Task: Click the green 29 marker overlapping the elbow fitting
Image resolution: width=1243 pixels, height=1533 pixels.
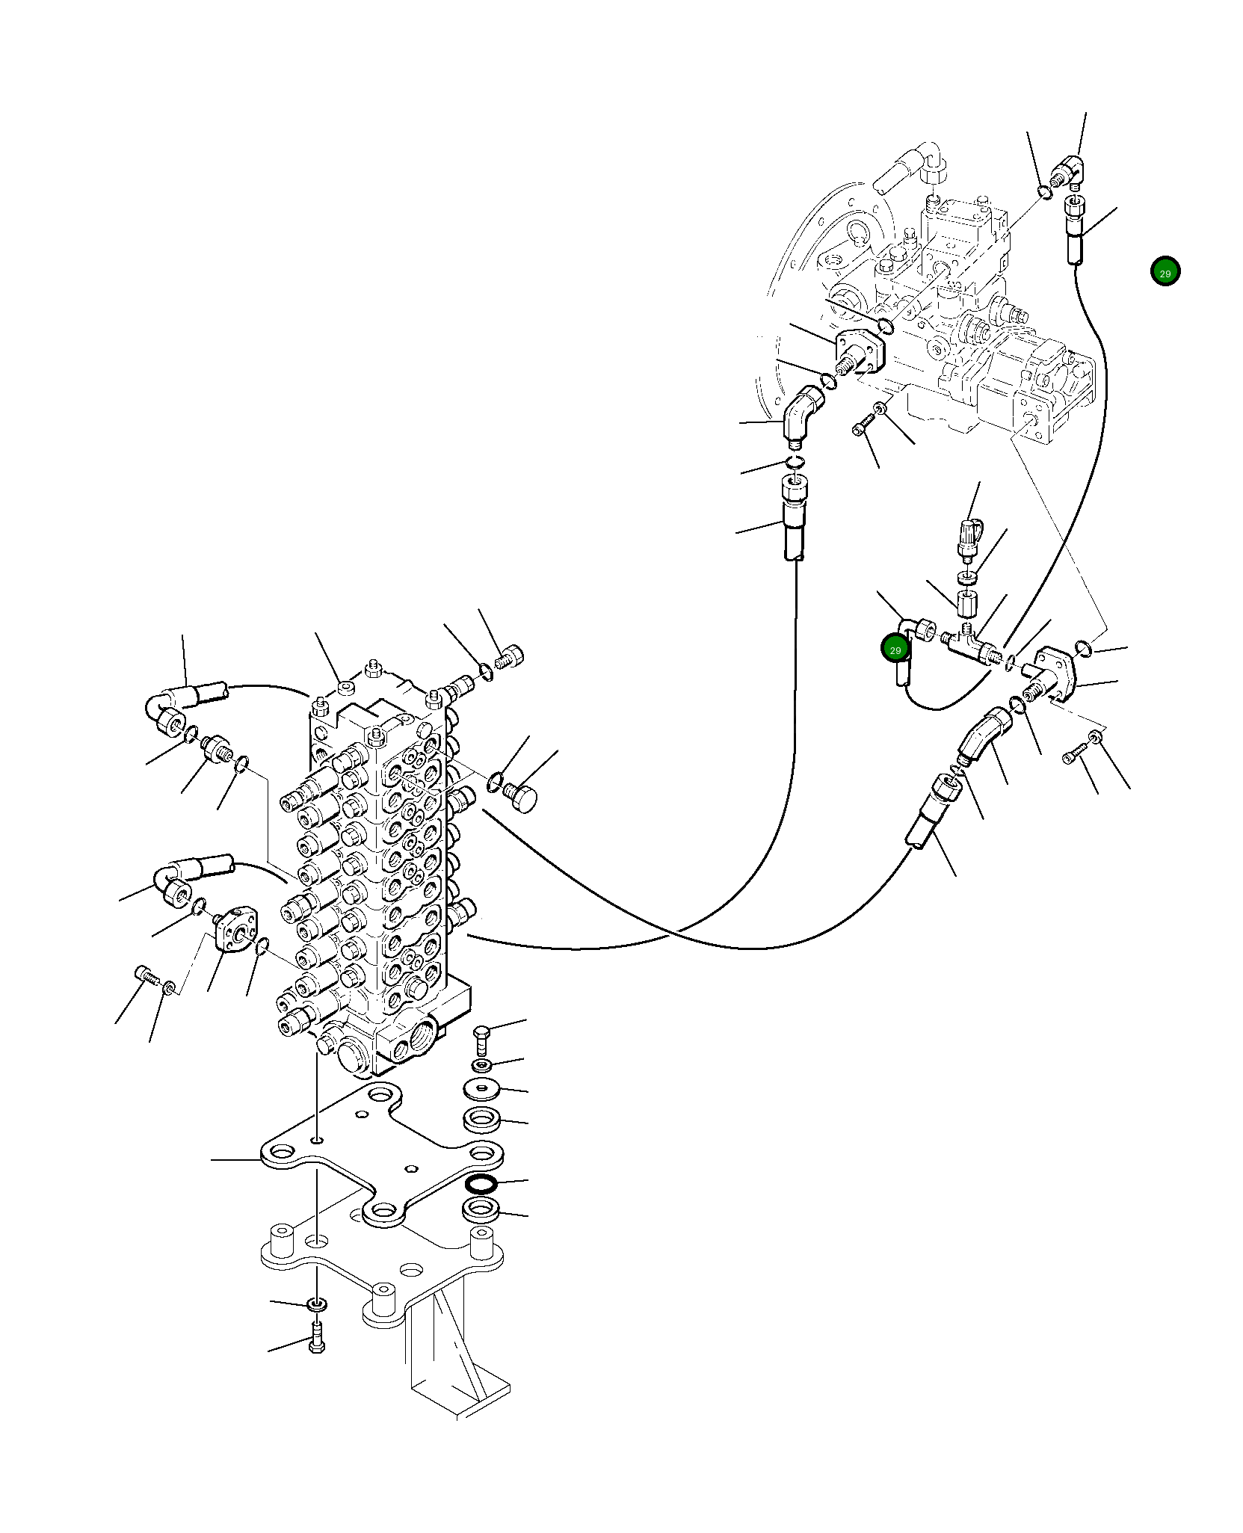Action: coord(895,649)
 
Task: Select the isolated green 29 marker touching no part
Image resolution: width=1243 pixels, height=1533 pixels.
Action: coord(1165,271)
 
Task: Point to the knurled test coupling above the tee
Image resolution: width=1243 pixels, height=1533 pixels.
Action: coord(969,537)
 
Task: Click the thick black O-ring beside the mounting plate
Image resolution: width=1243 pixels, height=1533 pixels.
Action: coord(479,1182)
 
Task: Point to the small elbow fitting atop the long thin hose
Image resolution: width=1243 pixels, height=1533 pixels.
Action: coord(1066,173)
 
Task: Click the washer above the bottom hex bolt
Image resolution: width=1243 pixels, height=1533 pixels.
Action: coord(317,1305)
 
